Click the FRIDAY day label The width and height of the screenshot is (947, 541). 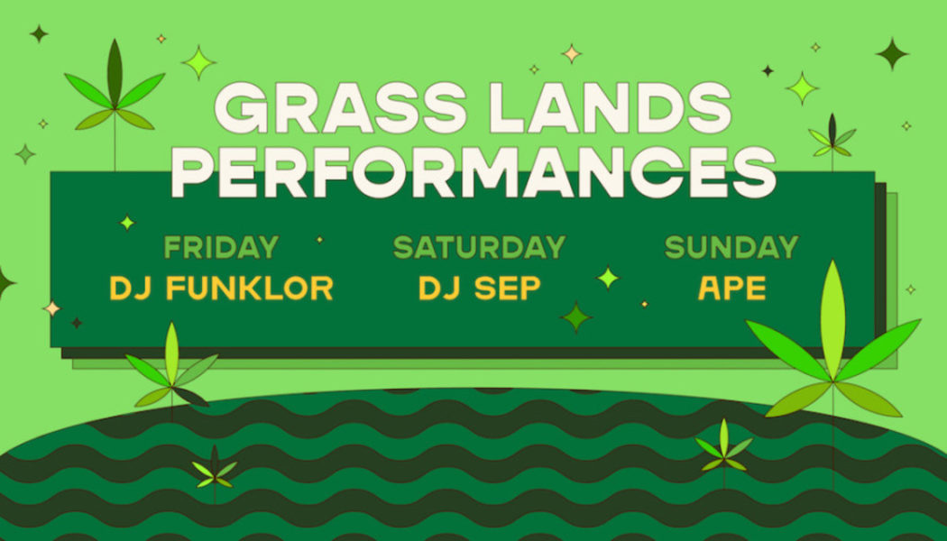[x=221, y=247]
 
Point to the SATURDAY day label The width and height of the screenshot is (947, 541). [x=479, y=247]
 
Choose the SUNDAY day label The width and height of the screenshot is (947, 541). [x=731, y=247]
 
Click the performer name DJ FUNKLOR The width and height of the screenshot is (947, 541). [x=221, y=289]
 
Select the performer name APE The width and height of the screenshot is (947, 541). [x=731, y=289]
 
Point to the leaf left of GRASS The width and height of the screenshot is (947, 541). [x=115, y=90]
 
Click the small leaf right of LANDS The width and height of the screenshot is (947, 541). [x=832, y=138]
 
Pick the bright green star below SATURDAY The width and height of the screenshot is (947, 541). [x=609, y=278]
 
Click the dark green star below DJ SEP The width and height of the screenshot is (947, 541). [x=575, y=316]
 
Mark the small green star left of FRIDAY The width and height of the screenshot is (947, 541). [x=127, y=222]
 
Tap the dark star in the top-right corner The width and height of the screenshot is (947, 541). [x=892, y=53]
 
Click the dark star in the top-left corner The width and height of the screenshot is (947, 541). [x=38, y=33]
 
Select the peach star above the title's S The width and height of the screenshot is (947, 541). [x=571, y=53]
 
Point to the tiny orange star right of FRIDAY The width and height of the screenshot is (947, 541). [x=319, y=240]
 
